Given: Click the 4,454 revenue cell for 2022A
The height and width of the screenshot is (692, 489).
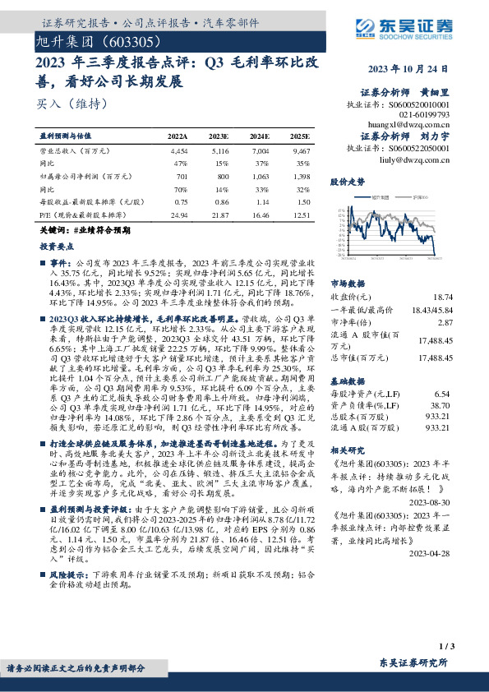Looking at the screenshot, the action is click(178, 152).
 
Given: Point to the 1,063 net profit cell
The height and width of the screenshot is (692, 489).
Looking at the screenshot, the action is click(260, 176).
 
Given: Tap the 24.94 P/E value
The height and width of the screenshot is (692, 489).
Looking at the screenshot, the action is click(178, 214).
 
